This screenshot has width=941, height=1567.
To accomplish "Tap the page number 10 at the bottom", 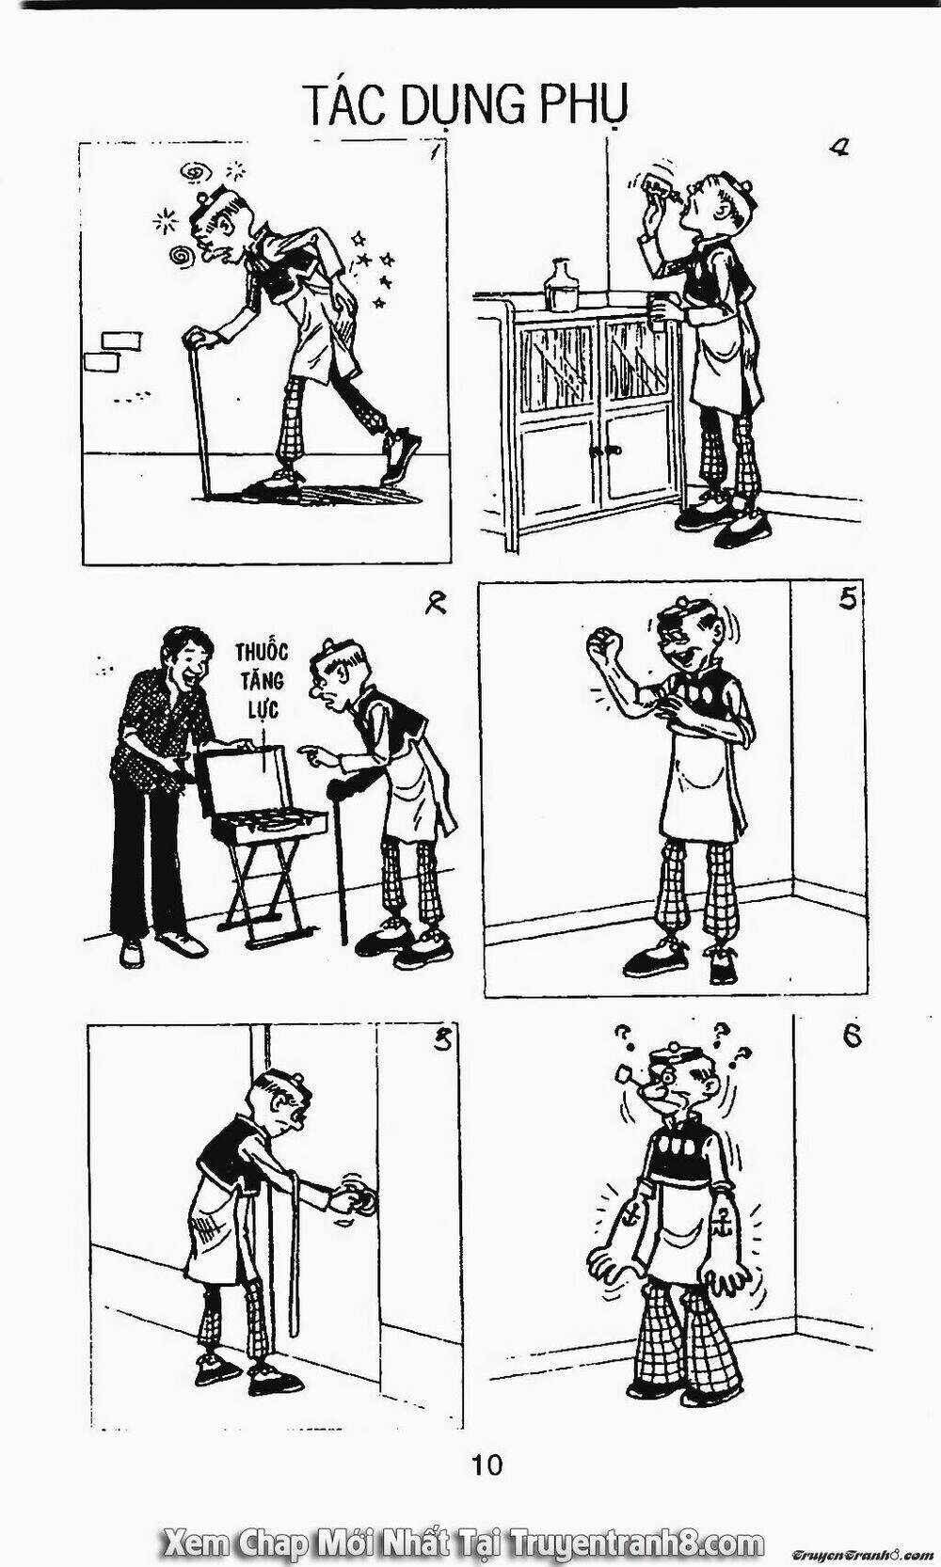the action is click(486, 1464).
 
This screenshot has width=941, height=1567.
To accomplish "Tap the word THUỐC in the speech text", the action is click(262, 653).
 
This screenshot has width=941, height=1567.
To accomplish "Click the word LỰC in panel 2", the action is click(262, 708).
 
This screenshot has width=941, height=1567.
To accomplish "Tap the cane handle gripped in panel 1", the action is click(199, 340).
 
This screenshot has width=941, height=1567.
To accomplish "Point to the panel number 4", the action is click(837, 148).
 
